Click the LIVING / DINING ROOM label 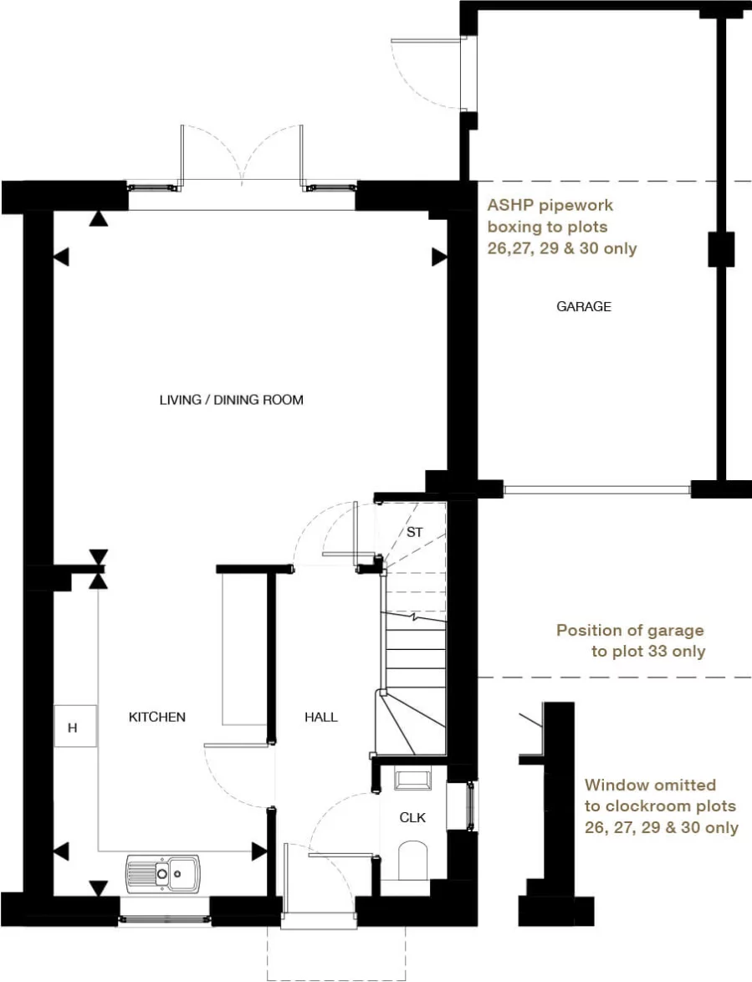(x=231, y=400)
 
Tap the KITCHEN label (x=157, y=717)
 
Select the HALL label (x=321, y=717)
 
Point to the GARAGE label (x=584, y=307)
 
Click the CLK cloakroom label (x=412, y=817)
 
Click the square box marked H (x=74, y=727)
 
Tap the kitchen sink (x=163, y=872)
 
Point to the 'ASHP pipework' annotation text (x=561, y=227)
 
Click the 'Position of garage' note (x=631, y=641)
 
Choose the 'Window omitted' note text (x=661, y=806)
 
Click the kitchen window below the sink (x=164, y=918)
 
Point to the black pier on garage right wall (x=721, y=249)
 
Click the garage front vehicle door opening (x=597, y=489)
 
